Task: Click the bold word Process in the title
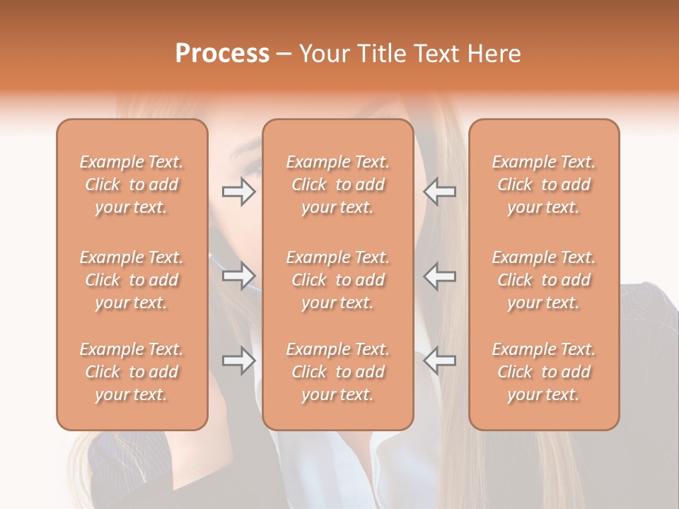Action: (222, 54)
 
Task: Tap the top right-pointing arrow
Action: (238, 192)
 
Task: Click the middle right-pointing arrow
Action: (238, 275)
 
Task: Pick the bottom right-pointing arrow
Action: (238, 361)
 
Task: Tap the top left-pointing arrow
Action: (440, 192)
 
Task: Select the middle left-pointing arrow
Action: (440, 275)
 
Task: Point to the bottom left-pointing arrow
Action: (440, 361)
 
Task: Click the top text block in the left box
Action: (132, 185)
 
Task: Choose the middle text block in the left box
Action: (132, 280)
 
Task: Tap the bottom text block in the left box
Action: (132, 372)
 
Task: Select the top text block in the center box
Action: (338, 185)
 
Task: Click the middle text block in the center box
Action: (338, 280)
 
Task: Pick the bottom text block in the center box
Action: (338, 372)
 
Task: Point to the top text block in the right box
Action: (544, 185)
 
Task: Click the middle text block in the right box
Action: (544, 280)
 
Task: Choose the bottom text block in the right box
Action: (544, 372)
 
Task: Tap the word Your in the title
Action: (325, 54)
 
